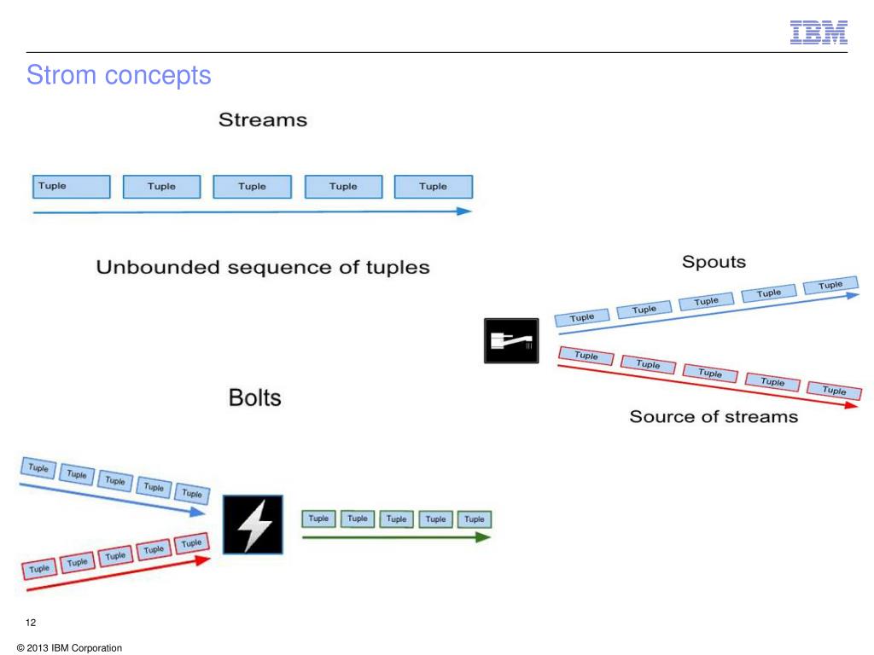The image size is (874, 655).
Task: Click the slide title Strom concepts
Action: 119,75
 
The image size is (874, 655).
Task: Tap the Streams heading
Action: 263,120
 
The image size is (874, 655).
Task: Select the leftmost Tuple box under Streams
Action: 72,187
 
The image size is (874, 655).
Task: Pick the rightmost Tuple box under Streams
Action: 434,187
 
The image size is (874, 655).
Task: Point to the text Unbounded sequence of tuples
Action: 263,267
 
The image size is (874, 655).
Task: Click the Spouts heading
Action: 714,261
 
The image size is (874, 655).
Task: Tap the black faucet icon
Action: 510,342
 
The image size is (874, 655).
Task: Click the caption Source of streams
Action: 714,416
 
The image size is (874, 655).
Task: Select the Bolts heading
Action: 254,397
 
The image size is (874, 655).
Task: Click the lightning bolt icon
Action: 253,525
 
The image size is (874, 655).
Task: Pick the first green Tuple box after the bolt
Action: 318,519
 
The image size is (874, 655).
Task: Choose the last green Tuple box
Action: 475,519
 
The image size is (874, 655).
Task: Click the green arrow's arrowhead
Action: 483,537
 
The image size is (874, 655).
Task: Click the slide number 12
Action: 32,622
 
